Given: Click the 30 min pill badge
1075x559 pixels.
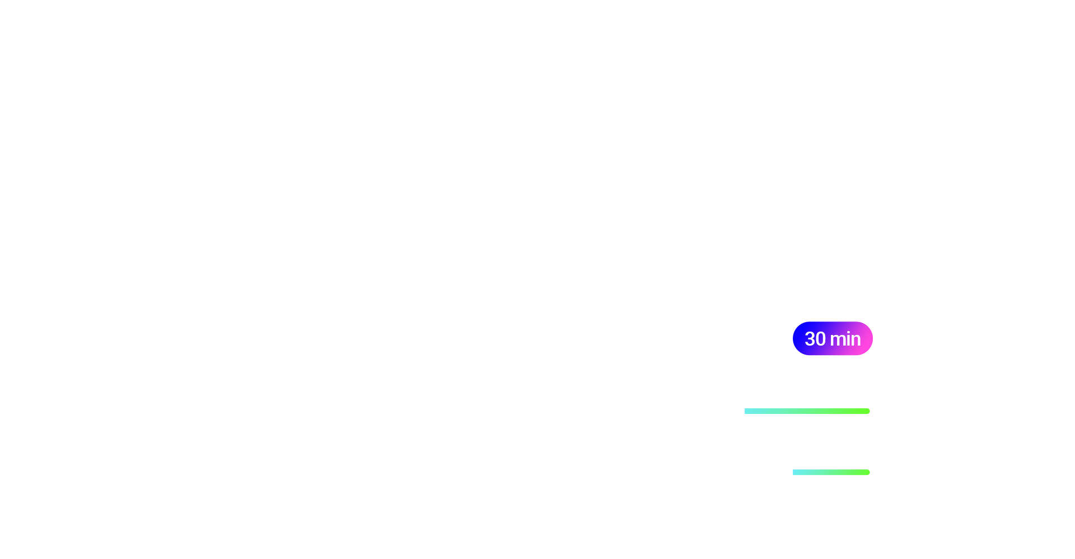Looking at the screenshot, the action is click(833, 338).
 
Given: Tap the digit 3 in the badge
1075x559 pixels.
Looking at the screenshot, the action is click(810, 339).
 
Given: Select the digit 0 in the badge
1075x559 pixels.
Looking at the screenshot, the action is click(821, 339).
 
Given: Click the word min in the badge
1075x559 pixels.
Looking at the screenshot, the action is click(845, 339).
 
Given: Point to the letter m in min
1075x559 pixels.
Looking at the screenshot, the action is click(838, 341).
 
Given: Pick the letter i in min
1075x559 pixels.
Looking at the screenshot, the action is click(848, 339).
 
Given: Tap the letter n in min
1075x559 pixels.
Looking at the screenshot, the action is click(857, 341).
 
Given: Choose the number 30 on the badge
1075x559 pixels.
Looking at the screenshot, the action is click(815, 339).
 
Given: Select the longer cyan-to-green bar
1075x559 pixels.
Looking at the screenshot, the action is click(807, 411).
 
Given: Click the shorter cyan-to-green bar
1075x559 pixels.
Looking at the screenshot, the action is click(831, 472).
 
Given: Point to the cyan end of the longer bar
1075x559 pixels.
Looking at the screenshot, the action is click(746, 411).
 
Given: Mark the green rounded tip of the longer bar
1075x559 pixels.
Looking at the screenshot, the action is click(868, 411).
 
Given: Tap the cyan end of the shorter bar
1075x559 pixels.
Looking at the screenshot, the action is click(794, 472).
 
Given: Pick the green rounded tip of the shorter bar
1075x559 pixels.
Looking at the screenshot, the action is click(868, 472).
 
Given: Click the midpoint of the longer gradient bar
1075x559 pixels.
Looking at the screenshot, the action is click(807, 411).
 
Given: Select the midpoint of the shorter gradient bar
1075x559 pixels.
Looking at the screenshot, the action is click(831, 472).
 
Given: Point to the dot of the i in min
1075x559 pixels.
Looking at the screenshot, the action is click(848, 332).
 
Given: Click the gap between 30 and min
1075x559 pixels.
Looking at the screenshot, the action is click(828, 339).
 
